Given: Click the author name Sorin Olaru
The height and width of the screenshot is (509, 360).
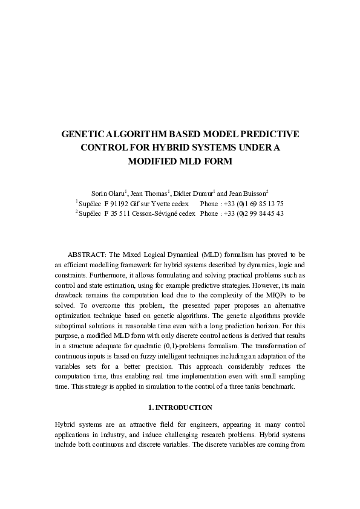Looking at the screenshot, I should pyautogui.click(x=107, y=193).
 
